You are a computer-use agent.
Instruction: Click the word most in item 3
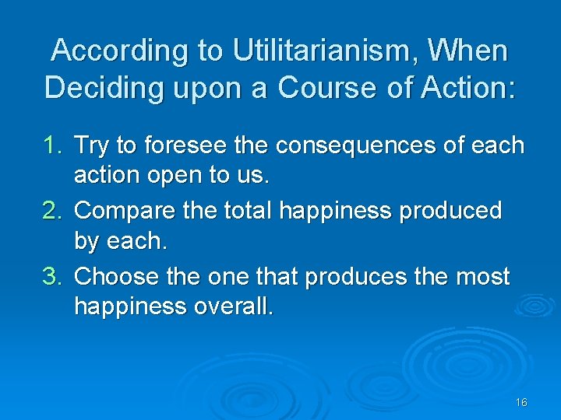483,277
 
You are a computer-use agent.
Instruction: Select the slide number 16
521,402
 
